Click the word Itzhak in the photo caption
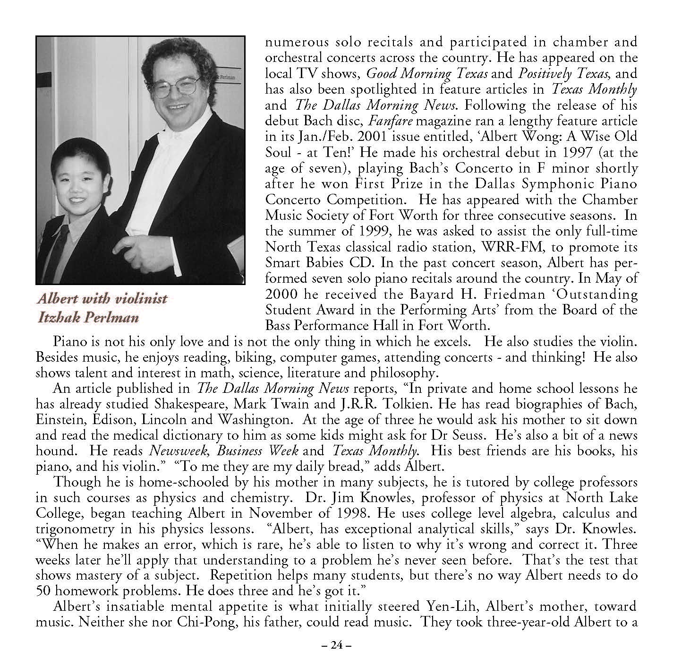coord(58,317)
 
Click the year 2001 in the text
coord(364,137)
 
